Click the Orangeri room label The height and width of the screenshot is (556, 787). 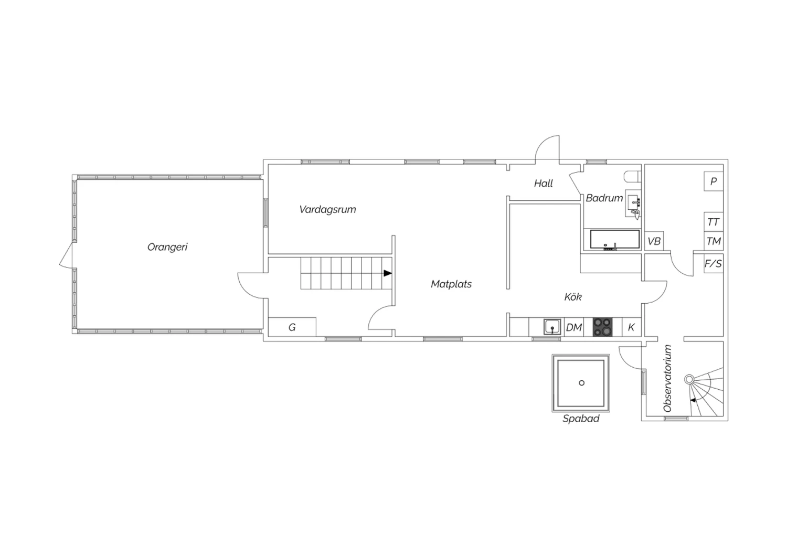click(x=167, y=247)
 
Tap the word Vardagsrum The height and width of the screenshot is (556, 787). click(x=327, y=210)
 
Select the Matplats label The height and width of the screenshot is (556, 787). click(x=451, y=284)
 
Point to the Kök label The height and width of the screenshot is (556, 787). click(x=573, y=297)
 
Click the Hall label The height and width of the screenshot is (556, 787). click(x=543, y=184)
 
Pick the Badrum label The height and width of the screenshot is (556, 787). click(x=604, y=198)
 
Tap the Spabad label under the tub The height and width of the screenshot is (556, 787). click(x=581, y=419)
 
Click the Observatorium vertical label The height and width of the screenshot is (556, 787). click(x=667, y=378)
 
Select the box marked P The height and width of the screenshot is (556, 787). click(x=713, y=181)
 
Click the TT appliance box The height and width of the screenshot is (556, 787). click(x=713, y=222)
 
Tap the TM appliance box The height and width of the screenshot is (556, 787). click(x=713, y=241)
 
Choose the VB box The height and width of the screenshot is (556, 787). click(x=654, y=241)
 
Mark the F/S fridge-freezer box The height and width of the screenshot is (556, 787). click(x=713, y=263)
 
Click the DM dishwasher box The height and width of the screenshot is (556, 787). click(x=574, y=327)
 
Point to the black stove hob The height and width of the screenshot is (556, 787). click(x=602, y=327)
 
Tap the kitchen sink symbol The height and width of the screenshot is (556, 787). click(x=552, y=327)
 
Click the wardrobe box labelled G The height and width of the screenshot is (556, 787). click(x=292, y=327)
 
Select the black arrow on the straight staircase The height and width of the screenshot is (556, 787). click(x=388, y=273)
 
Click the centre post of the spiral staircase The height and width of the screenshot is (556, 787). click(x=689, y=379)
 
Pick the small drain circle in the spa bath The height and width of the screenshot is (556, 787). click(x=581, y=383)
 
